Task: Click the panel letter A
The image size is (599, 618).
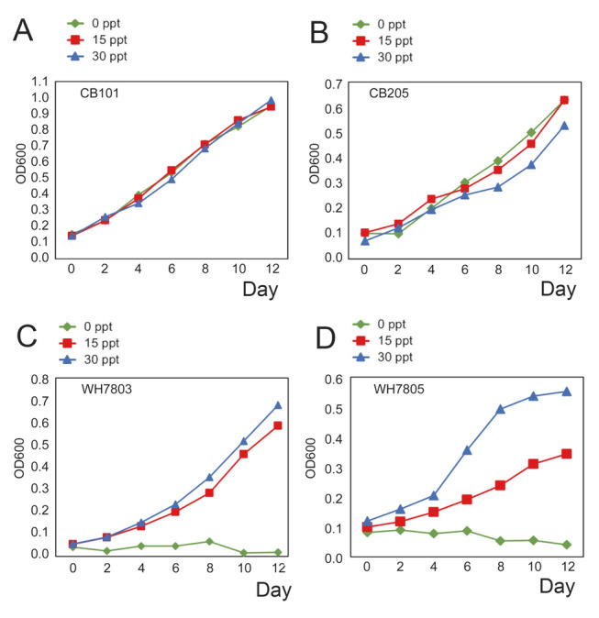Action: pyautogui.click(x=27, y=38)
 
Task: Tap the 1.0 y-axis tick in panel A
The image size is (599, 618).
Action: pyautogui.click(x=41, y=97)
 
